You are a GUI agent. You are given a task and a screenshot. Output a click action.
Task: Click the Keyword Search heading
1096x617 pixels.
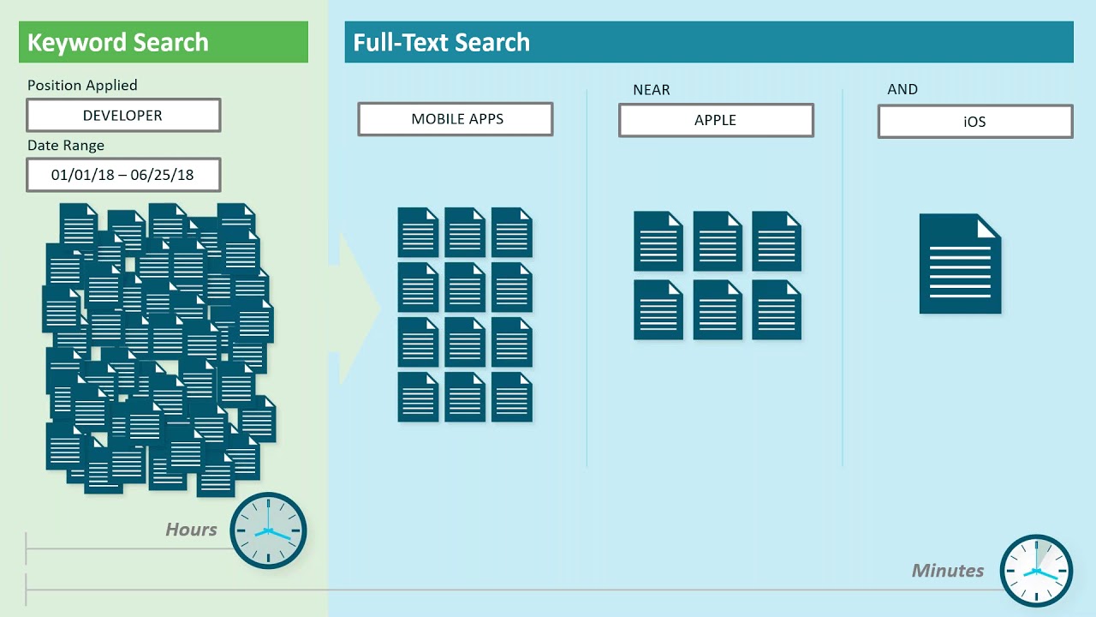[118, 43]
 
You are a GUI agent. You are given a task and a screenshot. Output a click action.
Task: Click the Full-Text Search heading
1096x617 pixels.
[441, 43]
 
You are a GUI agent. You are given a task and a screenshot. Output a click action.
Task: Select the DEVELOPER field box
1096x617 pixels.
[123, 116]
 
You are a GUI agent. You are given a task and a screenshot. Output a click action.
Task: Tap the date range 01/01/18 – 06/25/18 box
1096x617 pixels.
[123, 175]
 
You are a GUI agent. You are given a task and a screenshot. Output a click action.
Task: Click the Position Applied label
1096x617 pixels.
[82, 85]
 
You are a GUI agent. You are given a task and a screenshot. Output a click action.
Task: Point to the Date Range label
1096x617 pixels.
[66, 146]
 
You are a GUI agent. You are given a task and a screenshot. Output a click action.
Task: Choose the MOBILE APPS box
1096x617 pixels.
[456, 119]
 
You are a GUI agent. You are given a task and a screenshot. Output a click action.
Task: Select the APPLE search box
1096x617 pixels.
[716, 121]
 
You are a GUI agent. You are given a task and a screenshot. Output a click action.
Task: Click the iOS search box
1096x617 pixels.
[975, 122]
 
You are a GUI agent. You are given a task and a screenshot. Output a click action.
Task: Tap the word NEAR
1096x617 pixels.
[652, 89]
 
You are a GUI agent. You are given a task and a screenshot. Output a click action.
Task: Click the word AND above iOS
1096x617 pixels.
[902, 89]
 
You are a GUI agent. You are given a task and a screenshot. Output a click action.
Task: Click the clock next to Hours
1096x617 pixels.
[268, 530]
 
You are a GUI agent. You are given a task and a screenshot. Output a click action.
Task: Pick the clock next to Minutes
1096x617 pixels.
[1036, 571]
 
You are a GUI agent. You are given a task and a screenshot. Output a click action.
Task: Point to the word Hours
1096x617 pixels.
[191, 530]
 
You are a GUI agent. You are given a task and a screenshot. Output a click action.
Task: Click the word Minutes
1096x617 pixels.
[948, 571]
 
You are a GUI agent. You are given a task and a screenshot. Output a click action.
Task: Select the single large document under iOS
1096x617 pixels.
[960, 264]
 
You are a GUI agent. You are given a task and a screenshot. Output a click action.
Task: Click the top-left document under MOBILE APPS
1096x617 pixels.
[418, 232]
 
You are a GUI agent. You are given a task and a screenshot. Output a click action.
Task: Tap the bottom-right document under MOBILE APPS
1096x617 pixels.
[512, 397]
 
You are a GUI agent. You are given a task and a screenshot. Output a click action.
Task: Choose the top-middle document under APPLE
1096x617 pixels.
[718, 242]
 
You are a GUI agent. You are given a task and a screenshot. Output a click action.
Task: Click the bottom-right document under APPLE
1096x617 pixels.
[777, 309]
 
